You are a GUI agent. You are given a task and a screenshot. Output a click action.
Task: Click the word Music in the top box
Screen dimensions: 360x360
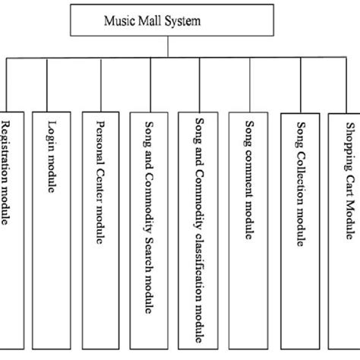point(116,21)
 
